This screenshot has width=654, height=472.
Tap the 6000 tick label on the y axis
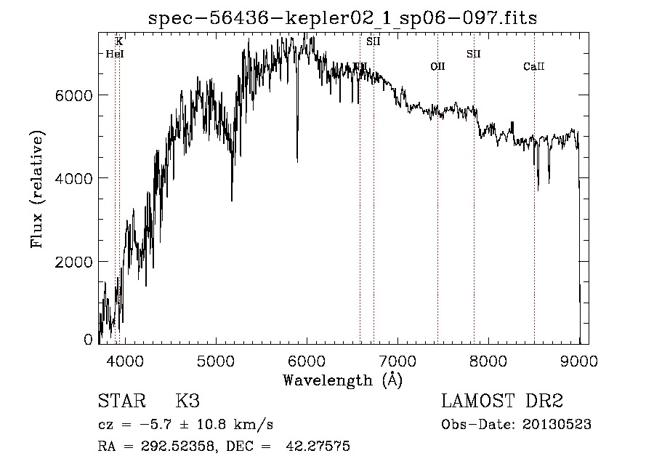74,95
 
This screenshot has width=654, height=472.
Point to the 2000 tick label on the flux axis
74,261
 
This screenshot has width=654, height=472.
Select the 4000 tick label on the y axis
74,178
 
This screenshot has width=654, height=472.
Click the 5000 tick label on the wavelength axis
215,360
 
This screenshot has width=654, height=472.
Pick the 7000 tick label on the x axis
397,360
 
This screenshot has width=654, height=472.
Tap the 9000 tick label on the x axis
579,360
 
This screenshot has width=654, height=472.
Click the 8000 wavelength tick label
488,360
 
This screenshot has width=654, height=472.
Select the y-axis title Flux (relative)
37,188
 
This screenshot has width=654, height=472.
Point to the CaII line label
534,67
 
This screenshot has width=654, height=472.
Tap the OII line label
437,67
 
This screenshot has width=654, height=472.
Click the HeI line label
115,54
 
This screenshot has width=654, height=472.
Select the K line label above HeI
119,42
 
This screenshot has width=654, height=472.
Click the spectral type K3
187,401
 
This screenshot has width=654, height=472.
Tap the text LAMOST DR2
502,401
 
